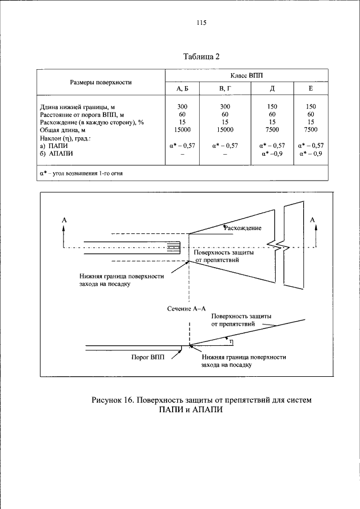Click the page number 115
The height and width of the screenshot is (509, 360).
click(x=201, y=23)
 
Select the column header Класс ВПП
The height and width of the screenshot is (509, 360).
click(x=246, y=75)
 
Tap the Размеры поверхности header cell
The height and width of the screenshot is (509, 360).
click(x=101, y=82)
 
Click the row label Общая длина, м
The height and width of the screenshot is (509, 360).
click(x=66, y=130)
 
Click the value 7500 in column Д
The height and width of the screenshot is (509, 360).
click(x=272, y=130)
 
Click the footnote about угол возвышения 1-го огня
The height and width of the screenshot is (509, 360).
click(x=81, y=173)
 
